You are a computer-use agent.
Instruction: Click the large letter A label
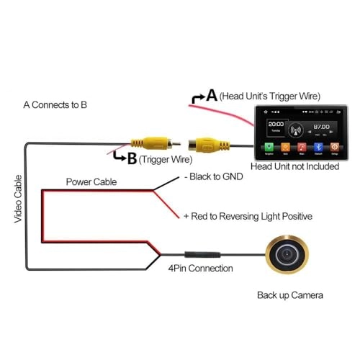point(212,95)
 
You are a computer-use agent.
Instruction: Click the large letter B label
point(132,158)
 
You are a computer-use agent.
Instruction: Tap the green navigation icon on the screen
point(269,147)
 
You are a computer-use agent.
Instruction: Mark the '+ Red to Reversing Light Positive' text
point(248,216)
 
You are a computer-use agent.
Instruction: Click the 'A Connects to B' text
point(55,104)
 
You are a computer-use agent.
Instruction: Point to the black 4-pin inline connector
point(200,255)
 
